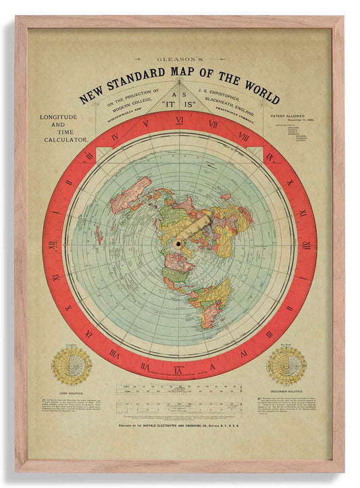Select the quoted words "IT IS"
coord(179,105)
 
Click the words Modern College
coord(132,99)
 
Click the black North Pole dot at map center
coord(179,243)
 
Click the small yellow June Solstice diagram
coord(72,366)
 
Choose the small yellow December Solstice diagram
coord(286,366)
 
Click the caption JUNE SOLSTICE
coord(72,391)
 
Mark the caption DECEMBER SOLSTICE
coord(286,391)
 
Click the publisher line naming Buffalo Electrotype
coord(179,426)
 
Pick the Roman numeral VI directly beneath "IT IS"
coord(179,120)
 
